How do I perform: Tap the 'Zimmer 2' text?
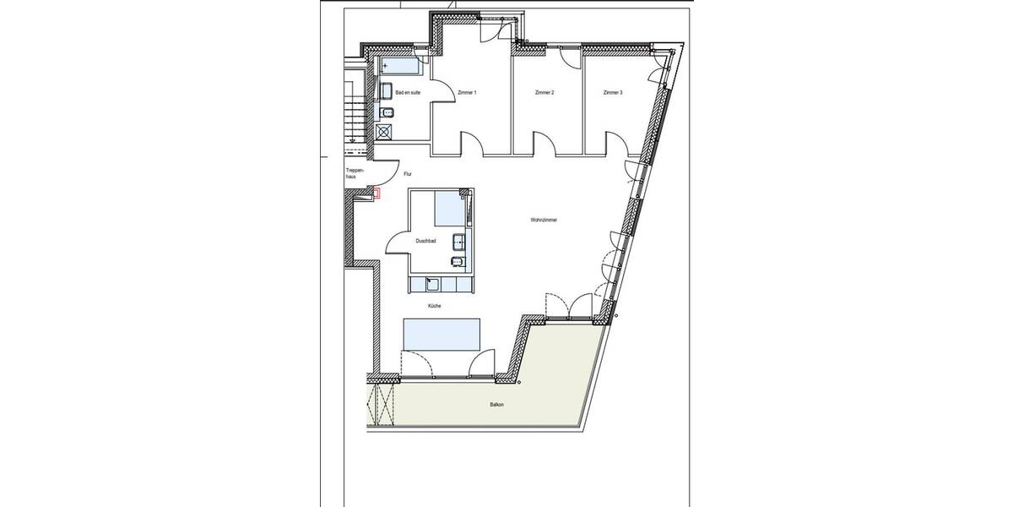point(544,92)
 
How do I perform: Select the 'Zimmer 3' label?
point(613,92)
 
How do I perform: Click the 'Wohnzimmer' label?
point(544,220)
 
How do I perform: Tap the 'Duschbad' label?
point(425,241)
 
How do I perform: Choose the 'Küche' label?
point(434,306)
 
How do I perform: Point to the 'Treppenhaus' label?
point(355,174)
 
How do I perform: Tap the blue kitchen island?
point(441,333)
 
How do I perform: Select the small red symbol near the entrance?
point(378,194)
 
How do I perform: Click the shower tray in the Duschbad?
point(450,209)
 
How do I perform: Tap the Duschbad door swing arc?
point(397,243)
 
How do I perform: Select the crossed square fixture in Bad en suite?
point(386,131)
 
